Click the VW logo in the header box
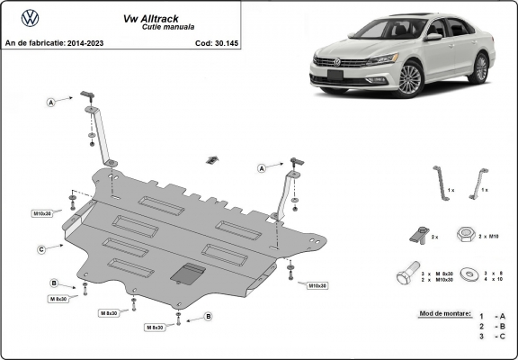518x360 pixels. tap(30, 18)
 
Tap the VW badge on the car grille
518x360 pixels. tap(339, 62)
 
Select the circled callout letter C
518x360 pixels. tap(41, 248)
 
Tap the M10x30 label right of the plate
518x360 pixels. tap(317, 285)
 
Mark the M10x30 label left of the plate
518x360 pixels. tap(43, 213)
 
